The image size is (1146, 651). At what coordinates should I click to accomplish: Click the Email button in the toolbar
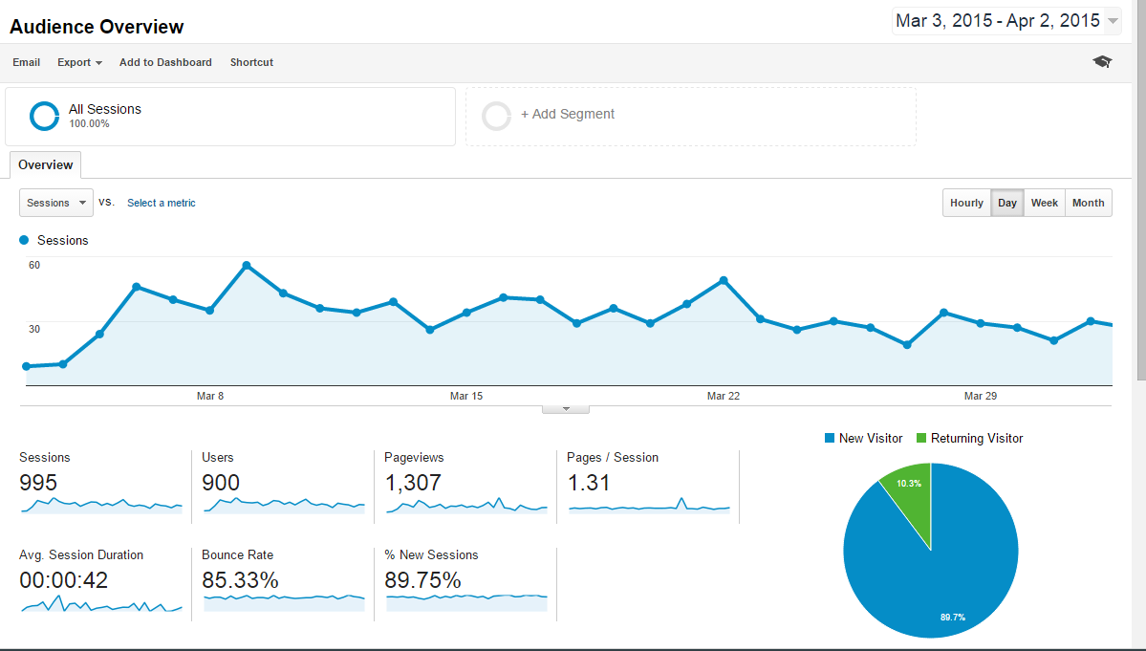26,62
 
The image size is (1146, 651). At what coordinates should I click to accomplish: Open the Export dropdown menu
79,62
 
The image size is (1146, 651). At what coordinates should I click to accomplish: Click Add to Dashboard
165,62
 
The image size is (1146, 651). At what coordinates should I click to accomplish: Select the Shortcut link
251,62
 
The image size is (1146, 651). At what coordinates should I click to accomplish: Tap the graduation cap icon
1102,62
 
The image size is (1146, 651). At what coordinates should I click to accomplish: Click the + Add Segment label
567,115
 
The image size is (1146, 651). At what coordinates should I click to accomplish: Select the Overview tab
45,165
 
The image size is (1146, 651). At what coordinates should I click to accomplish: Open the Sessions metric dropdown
56,203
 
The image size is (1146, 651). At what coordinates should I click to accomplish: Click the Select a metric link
162,203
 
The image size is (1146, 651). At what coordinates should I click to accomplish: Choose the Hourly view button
966,203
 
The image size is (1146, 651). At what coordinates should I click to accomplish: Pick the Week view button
1044,203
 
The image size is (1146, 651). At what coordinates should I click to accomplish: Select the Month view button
1088,203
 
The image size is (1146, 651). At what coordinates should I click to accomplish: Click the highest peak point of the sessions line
247,266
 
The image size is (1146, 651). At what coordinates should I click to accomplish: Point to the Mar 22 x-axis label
723,396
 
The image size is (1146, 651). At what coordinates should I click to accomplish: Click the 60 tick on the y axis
34,265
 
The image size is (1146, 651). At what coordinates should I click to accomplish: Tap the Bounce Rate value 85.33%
240,580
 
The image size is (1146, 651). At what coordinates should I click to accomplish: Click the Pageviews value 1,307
413,483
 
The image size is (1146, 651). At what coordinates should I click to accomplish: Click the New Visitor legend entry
863,439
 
